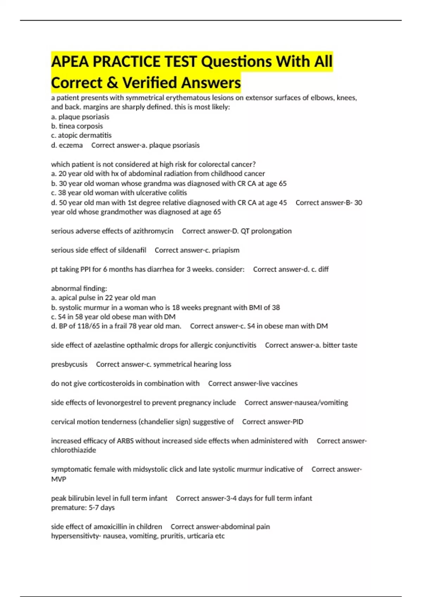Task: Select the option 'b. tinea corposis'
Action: (x=77, y=126)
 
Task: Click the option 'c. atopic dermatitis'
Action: (x=81, y=136)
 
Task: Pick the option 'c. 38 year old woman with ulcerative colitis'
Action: (x=119, y=193)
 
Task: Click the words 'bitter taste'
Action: (x=340, y=345)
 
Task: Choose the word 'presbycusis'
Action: (x=69, y=365)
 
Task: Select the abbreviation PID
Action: (x=298, y=422)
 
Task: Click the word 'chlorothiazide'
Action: (x=73, y=450)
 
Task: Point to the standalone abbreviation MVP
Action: (x=58, y=479)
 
